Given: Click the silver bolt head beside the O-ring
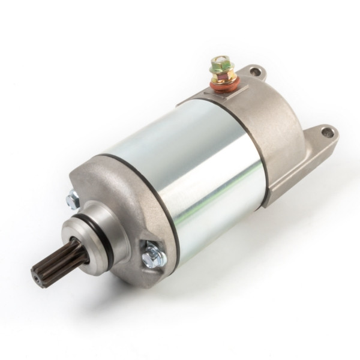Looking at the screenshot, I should pos(74,197).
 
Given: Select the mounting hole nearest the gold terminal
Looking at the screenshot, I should pos(255,72).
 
